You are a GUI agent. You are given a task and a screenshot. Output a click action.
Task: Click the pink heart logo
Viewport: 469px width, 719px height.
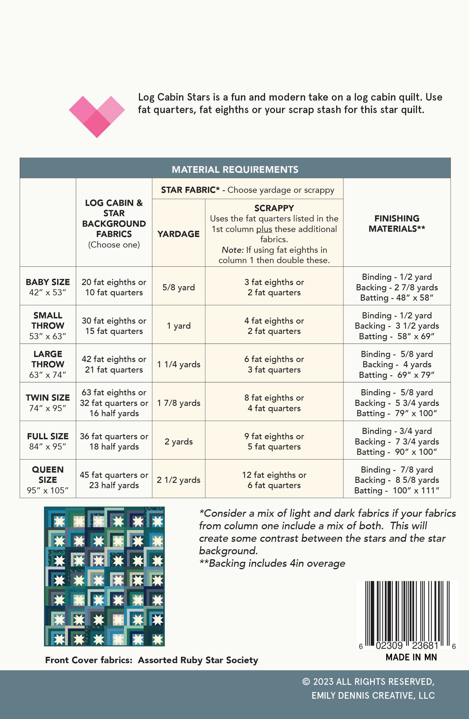coord(97,116)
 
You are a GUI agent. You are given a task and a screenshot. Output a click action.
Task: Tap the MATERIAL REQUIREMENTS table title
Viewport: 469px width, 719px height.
coord(235,169)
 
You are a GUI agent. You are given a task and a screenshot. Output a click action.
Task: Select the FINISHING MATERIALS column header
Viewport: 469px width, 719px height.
coord(396,224)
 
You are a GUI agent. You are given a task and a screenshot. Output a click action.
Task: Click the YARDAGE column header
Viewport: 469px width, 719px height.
coord(178,234)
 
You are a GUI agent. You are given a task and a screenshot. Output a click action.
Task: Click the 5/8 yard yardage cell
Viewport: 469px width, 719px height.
coord(178,287)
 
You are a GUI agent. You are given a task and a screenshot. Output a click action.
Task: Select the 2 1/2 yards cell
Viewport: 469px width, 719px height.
coord(178,480)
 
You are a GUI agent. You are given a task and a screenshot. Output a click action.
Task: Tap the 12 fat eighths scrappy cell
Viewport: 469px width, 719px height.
coord(274,480)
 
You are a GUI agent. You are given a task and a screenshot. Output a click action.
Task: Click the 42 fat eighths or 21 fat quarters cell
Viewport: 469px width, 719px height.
coord(114,364)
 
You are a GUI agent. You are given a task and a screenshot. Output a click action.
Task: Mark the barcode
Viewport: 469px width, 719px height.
coord(407,615)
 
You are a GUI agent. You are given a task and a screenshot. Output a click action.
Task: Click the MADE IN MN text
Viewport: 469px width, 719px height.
coord(411,657)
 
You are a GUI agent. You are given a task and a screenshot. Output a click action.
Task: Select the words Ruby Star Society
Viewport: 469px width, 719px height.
coord(219,660)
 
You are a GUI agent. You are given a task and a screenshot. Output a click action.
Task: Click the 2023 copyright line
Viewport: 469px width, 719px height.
coord(368,682)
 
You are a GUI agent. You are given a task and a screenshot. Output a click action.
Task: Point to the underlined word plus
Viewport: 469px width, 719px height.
coord(264,229)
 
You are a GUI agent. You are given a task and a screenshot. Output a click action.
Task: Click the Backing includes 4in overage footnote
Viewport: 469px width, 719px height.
coord(272,563)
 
